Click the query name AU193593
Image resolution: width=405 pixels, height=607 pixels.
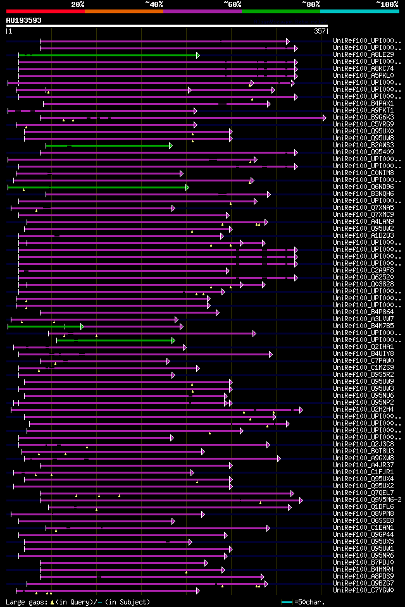point(24,20)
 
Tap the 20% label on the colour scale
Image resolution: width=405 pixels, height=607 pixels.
point(78,4)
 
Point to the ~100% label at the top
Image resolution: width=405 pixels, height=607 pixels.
point(387,4)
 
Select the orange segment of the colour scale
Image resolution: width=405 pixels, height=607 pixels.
point(124,11)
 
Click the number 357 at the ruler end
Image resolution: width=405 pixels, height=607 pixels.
point(320,30)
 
